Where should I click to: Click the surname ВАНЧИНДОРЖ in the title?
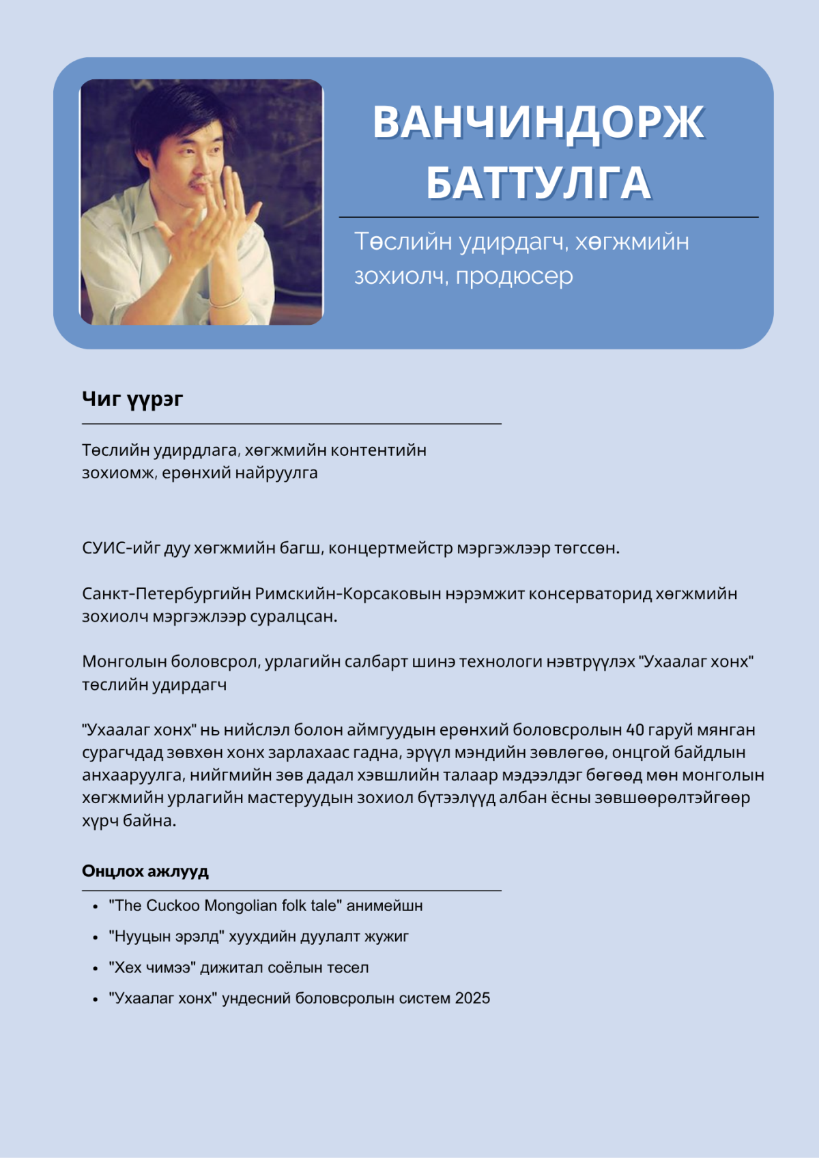538,122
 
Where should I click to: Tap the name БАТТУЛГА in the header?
538,182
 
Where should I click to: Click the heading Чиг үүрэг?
132,399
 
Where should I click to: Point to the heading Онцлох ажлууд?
145,871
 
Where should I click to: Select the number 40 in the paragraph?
635,729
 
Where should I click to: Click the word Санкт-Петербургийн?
167,594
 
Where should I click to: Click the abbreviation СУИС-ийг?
121,548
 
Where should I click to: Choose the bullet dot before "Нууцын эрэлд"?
96,938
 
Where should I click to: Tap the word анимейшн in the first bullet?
384,906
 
